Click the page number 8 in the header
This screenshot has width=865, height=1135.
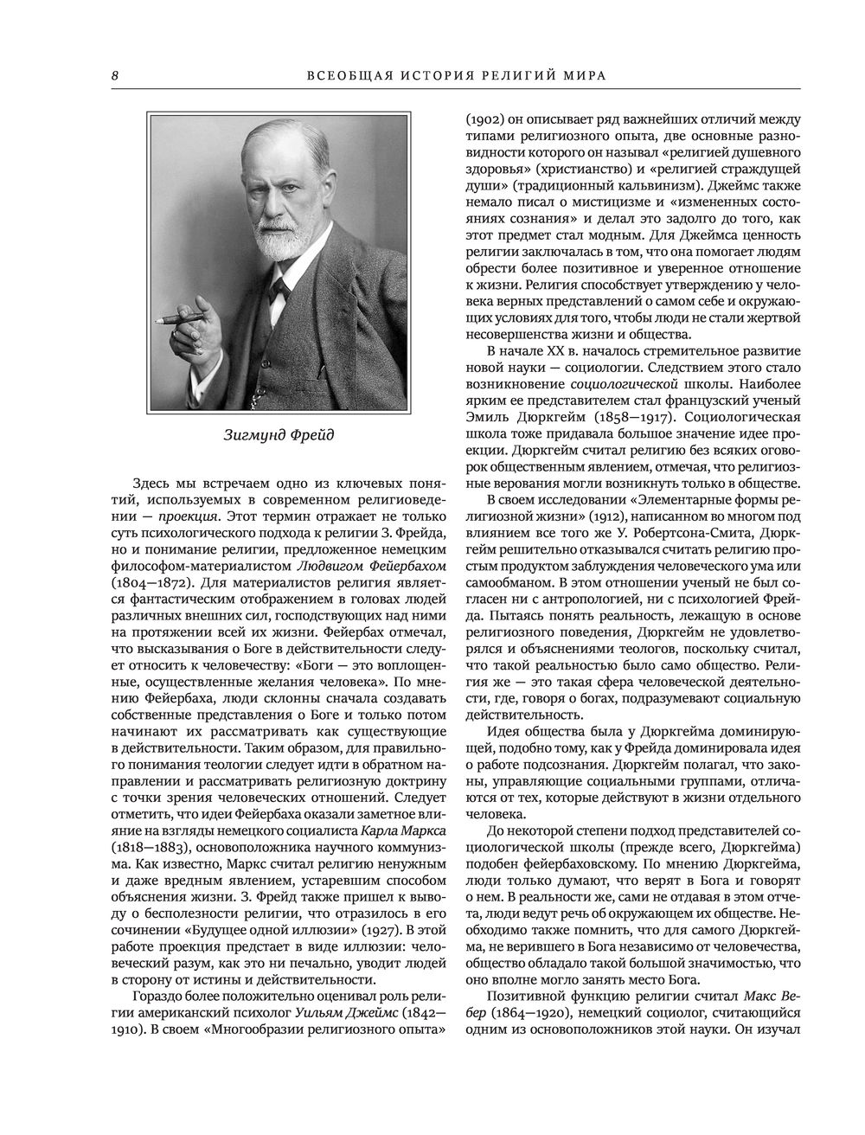(x=114, y=75)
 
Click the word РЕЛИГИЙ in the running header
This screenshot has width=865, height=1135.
(x=507, y=75)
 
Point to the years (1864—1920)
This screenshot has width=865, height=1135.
(x=506, y=1014)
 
